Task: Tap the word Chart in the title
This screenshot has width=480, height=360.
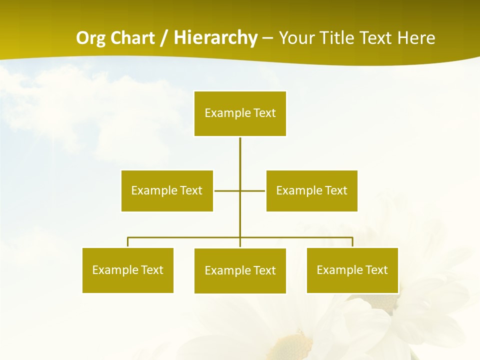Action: point(129,38)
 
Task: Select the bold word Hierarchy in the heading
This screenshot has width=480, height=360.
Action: point(215,38)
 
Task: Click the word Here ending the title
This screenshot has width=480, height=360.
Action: point(415,38)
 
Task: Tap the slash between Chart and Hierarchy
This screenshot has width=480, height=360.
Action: point(164,38)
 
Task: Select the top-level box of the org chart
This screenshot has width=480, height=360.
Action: point(240,113)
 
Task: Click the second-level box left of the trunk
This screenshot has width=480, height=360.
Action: point(167,190)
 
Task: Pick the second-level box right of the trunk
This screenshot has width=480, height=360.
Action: point(311,190)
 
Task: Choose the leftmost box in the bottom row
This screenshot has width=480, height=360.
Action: point(128,270)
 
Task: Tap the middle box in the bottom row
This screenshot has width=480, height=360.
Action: point(240,271)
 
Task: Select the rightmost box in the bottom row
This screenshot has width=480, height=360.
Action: point(352,270)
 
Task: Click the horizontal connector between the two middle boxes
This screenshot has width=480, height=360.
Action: point(227,190)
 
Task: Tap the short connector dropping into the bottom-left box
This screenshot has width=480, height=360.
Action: point(128,242)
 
